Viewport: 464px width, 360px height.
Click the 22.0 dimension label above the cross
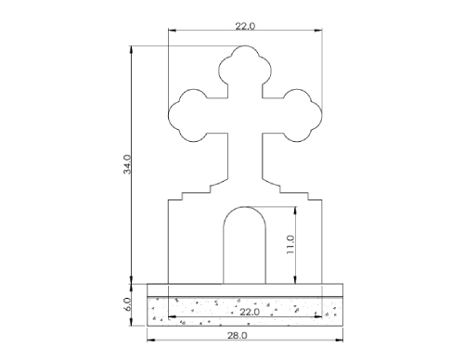[244, 26]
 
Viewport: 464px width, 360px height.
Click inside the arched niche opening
[245, 246]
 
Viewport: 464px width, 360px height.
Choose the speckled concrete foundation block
[204, 311]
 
